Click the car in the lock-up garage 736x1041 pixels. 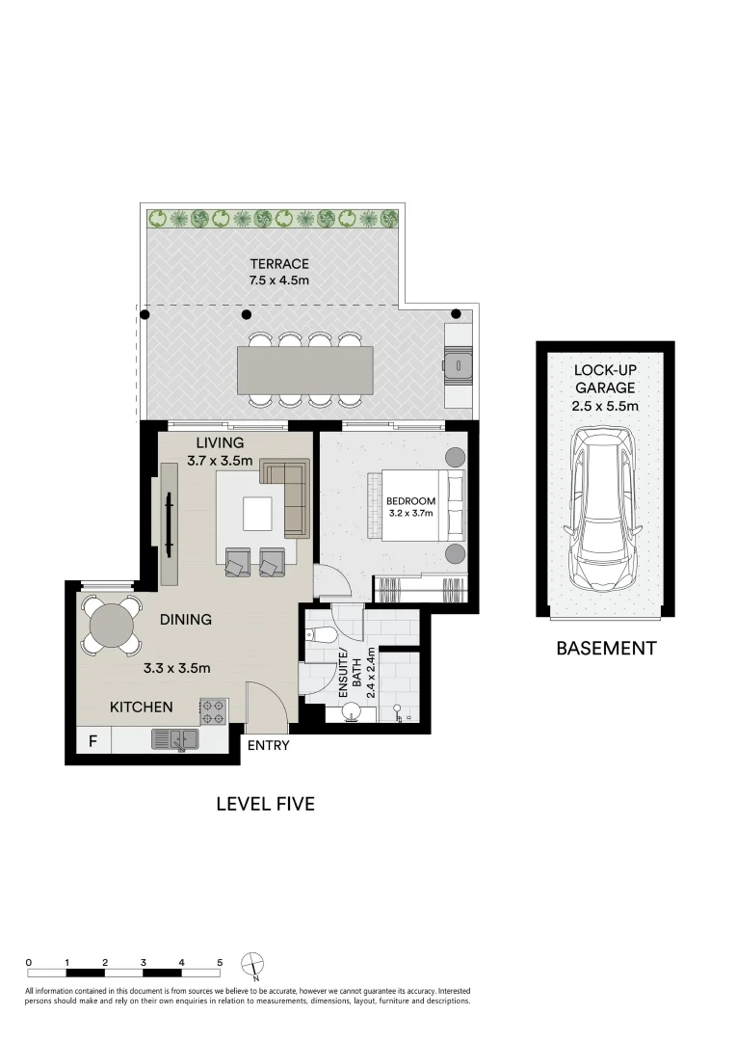603,509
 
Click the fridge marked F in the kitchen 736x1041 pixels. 92,740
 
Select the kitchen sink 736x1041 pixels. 175,739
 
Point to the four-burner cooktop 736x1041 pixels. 213,711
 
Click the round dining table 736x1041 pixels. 112,625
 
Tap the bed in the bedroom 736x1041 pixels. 416,504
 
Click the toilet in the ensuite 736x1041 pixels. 318,635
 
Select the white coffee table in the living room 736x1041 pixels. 257,514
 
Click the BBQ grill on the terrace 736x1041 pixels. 458,365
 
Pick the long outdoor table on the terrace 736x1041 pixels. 305,370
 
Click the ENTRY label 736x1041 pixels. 268,745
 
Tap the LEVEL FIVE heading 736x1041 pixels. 266,804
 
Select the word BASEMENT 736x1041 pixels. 606,648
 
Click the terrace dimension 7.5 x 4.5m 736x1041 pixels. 279,280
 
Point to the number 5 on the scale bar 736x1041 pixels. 220,962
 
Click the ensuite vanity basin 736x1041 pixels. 352,714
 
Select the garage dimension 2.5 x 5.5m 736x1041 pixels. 605,406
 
